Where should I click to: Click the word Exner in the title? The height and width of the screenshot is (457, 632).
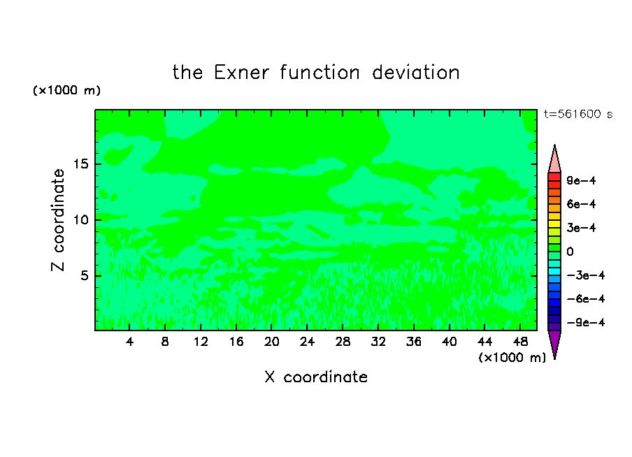pyautogui.click(x=241, y=73)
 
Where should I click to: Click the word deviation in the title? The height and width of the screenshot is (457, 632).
pyautogui.click(x=416, y=73)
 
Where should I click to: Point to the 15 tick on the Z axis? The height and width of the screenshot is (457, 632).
pyautogui.click(x=81, y=164)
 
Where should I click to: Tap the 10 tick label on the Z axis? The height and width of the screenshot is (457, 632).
pyautogui.click(x=81, y=220)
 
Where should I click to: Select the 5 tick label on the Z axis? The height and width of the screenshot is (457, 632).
pyautogui.click(x=85, y=275)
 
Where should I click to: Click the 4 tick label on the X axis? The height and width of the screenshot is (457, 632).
pyautogui.click(x=129, y=342)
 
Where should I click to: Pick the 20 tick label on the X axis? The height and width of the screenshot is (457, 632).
pyautogui.click(x=272, y=342)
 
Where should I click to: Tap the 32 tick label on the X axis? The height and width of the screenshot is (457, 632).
pyautogui.click(x=378, y=342)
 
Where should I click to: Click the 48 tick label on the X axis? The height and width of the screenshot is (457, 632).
pyautogui.click(x=520, y=342)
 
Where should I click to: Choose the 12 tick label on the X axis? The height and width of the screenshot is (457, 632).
pyautogui.click(x=201, y=342)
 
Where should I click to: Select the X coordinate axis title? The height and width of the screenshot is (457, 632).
pyautogui.click(x=317, y=377)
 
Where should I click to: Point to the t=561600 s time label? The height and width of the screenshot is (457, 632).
pyautogui.click(x=578, y=115)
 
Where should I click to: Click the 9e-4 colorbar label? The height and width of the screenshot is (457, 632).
pyautogui.click(x=581, y=180)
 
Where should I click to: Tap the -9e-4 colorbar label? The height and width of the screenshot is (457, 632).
pyautogui.click(x=586, y=323)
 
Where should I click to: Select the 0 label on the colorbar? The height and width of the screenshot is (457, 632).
pyautogui.click(x=570, y=252)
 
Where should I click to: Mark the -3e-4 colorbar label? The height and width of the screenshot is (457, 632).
pyautogui.click(x=586, y=275)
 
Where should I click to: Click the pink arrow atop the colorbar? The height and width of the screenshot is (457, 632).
pyautogui.click(x=554, y=159)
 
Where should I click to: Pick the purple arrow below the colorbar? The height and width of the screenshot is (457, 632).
pyautogui.click(x=554, y=344)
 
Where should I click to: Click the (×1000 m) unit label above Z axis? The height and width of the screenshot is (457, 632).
pyautogui.click(x=66, y=90)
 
